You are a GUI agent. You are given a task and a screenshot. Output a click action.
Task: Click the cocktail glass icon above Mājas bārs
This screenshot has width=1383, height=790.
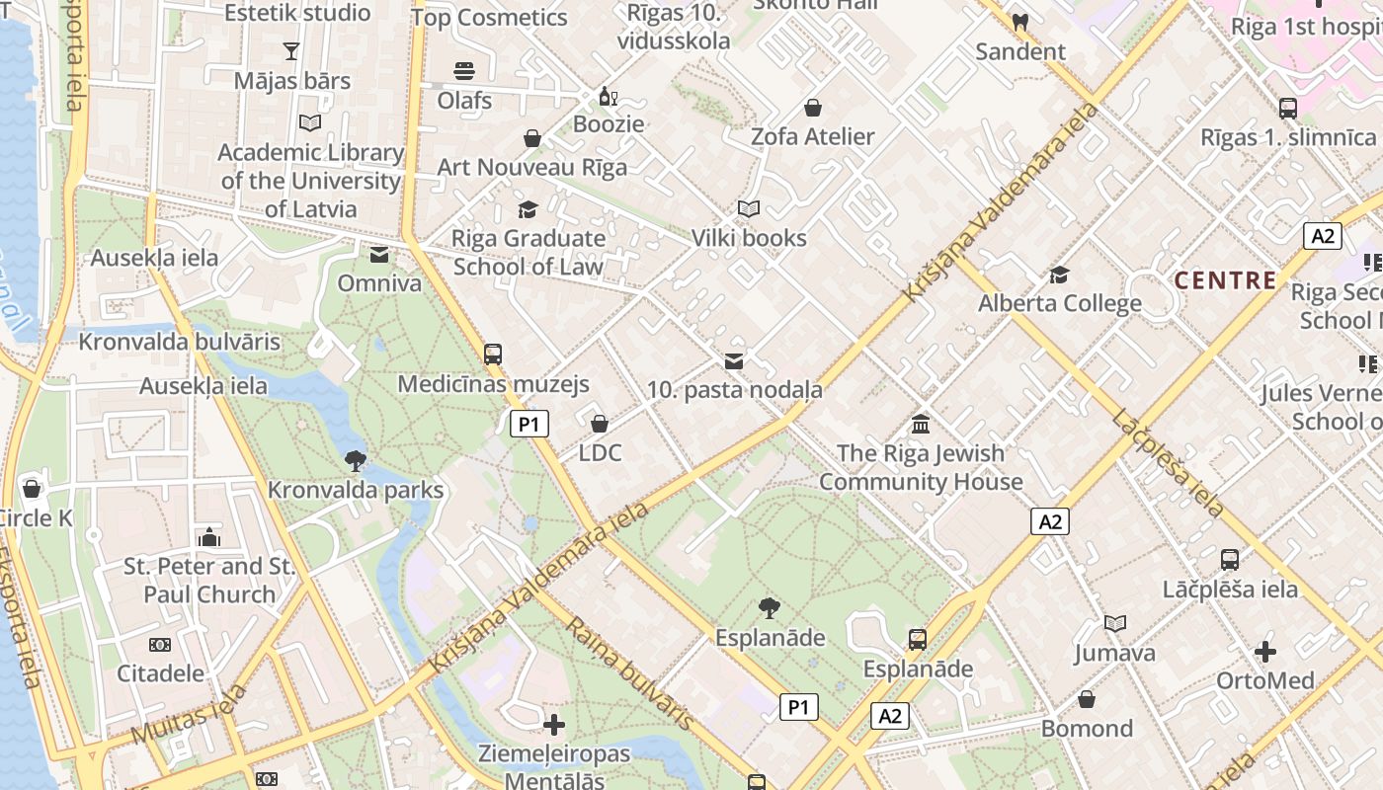pyautogui.click(x=291, y=50)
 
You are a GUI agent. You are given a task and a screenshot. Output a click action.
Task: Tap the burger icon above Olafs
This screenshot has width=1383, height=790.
pyautogui.click(x=464, y=70)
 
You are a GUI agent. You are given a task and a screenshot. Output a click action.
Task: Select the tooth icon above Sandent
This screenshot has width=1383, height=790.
pyautogui.click(x=1020, y=21)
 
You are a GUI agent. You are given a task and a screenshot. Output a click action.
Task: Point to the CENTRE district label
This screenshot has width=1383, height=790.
pyautogui.click(x=1225, y=280)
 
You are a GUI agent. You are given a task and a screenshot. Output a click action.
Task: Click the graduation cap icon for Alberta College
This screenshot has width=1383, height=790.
pyautogui.click(x=1059, y=275)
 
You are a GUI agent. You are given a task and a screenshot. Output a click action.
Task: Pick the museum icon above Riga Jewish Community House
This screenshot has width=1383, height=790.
pyautogui.click(x=921, y=424)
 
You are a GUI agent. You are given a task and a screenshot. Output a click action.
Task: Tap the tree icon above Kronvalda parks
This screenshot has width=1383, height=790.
pyautogui.click(x=356, y=459)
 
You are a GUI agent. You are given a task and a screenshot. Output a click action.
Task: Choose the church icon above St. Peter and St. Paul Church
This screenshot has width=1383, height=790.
pyautogui.click(x=209, y=537)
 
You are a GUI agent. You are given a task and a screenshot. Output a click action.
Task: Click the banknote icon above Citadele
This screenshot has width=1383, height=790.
pyautogui.click(x=160, y=645)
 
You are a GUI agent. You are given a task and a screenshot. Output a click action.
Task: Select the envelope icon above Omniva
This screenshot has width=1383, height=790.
pyautogui.click(x=378, y=255)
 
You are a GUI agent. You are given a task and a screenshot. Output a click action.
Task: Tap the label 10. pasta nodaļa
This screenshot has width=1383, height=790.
pyautogui.click(x=734, y=390)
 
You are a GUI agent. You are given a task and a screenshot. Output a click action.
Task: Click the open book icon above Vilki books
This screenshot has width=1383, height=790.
pyautogui.click(x=749, y=208)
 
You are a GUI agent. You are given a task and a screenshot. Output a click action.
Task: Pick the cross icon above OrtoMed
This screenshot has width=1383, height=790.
pyautogui.click(x=1265, y=652)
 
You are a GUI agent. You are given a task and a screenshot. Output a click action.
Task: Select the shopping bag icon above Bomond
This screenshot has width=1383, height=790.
pyautogui.click(x=1087, y=699)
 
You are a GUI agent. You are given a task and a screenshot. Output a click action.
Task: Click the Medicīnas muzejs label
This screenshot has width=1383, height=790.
pyautogui.click(x=493, y=384)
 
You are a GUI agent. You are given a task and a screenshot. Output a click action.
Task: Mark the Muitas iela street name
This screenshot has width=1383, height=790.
pyautogui.click(x=189, y=713)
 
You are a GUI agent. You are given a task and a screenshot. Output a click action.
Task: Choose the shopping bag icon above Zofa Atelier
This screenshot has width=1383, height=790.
pyautogui.click(x=812, y=107)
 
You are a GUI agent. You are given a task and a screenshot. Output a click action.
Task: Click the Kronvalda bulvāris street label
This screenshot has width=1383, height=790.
pyautogui.click(x=180, y=343)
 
